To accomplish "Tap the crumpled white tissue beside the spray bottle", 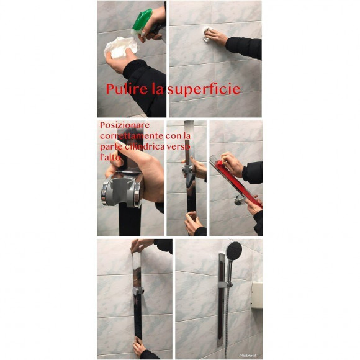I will [121, 46].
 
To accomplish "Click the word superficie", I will [206, 89].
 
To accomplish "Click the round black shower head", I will [234, 251].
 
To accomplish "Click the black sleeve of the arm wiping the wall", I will [244, 47].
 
